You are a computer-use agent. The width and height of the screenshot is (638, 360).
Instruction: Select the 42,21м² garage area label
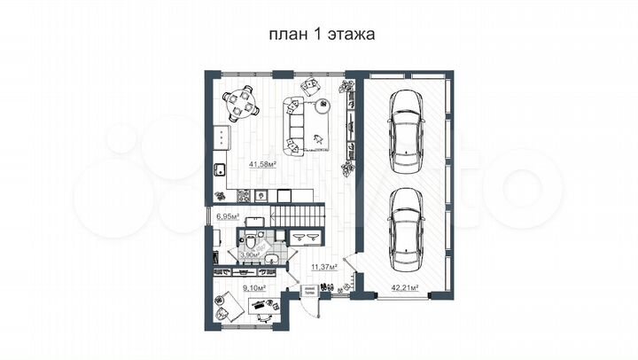[405, 286]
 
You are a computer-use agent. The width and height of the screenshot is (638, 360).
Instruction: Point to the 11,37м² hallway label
[323, 264]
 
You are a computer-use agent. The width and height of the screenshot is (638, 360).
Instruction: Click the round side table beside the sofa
[321, 106]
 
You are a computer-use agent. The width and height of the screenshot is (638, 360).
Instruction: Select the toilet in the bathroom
[253, 241]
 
